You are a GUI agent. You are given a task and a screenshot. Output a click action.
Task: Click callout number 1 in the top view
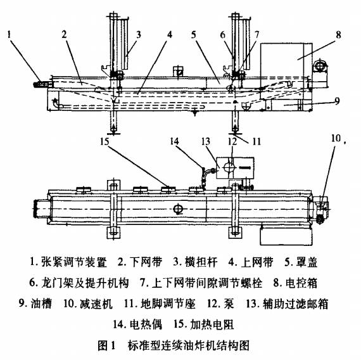tap(9, 35)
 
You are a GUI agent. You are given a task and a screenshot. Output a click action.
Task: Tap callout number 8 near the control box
tap(338, 35)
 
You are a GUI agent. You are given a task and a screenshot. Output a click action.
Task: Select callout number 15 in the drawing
tap(104, 141)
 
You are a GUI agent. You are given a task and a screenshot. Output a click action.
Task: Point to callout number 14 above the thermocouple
tap(174, 141)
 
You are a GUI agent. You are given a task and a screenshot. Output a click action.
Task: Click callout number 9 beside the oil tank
tap(337, 101)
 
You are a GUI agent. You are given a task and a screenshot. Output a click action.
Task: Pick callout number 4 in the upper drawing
tap(170, 35)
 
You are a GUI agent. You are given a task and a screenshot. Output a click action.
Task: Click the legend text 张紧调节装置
tap(74, 262)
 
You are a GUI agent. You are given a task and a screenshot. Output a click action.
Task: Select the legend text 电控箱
tap(301, 283)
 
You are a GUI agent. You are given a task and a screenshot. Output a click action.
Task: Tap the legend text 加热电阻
tap(212, 325)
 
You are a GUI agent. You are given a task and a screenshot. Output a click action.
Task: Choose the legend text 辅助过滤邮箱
tap(296, 304)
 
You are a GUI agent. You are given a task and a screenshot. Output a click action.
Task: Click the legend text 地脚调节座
tap(168, 304)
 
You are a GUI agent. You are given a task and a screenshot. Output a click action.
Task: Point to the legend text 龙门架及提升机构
tap(85, 283)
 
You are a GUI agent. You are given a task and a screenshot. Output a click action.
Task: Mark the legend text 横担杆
tap(201, 262)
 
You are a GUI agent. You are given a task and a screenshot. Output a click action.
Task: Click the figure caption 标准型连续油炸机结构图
tap(189, 345)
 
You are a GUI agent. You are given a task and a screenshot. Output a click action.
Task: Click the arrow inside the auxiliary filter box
tap(244, 168)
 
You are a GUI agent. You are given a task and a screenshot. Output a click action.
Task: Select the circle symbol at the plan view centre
tap(179, 209)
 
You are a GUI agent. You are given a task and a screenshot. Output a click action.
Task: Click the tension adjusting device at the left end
tap(42, 84)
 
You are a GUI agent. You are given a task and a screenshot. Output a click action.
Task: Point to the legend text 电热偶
tap(146, 325)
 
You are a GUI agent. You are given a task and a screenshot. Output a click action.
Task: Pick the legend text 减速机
tap(96, 304)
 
